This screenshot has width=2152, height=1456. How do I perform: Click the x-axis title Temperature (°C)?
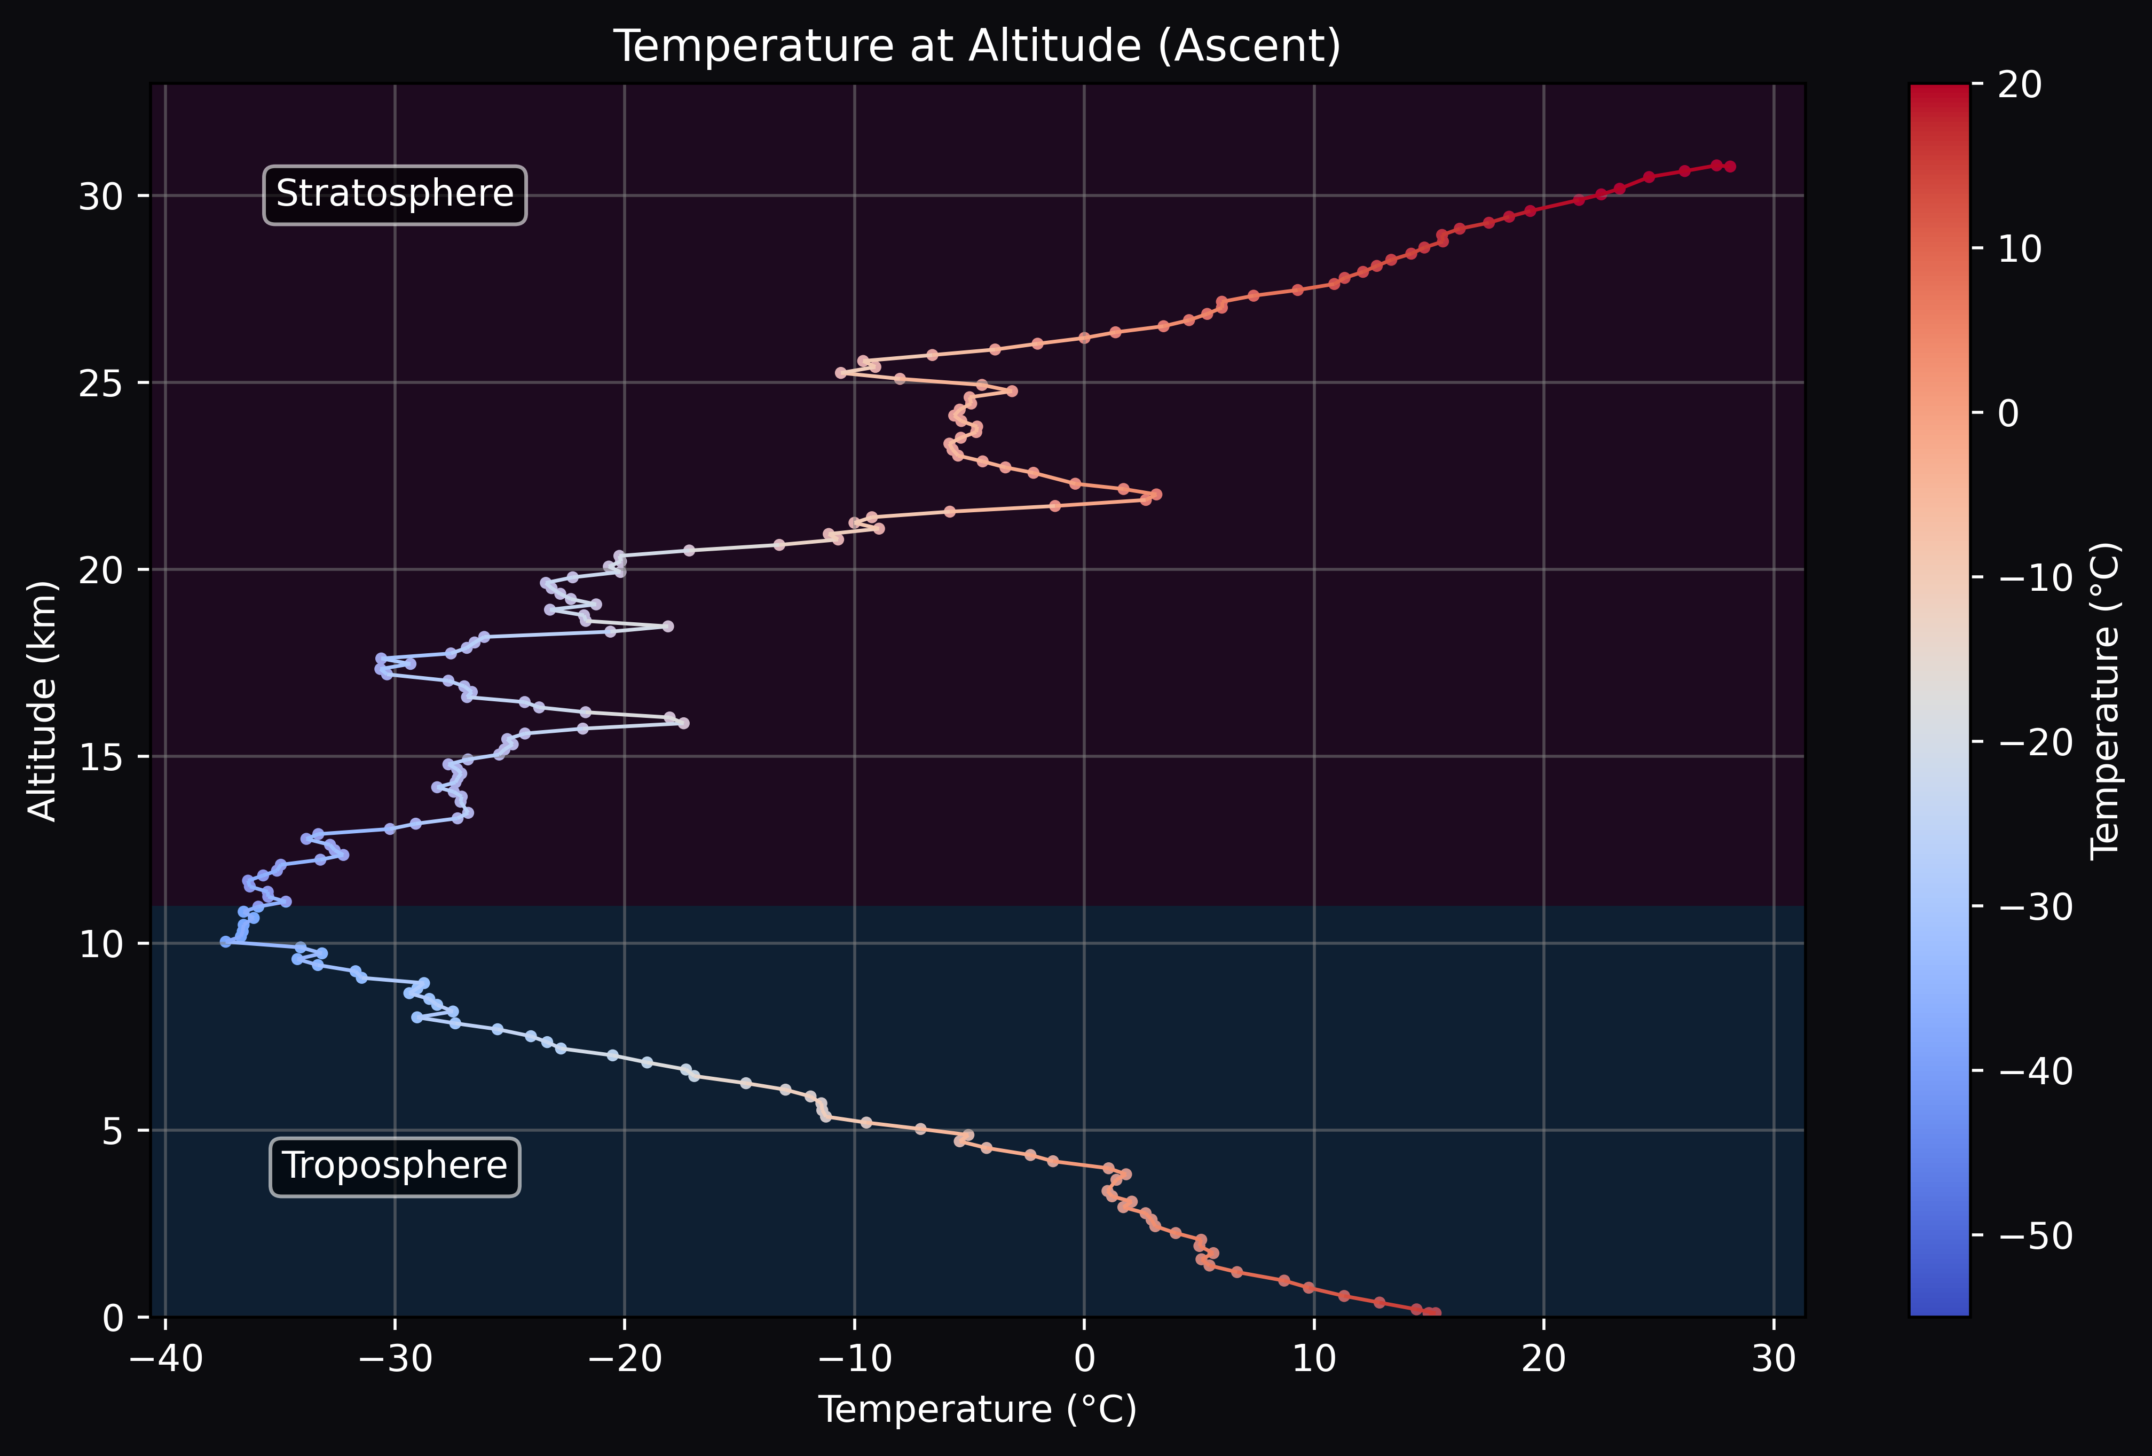coord(977,1410)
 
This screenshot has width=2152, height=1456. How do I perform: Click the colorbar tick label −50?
coord(2035,1235)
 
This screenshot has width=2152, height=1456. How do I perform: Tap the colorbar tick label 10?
coord(2019,249)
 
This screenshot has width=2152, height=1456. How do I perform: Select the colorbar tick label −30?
coord(2035,907)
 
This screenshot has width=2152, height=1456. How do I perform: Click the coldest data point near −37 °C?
coord(226,941)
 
